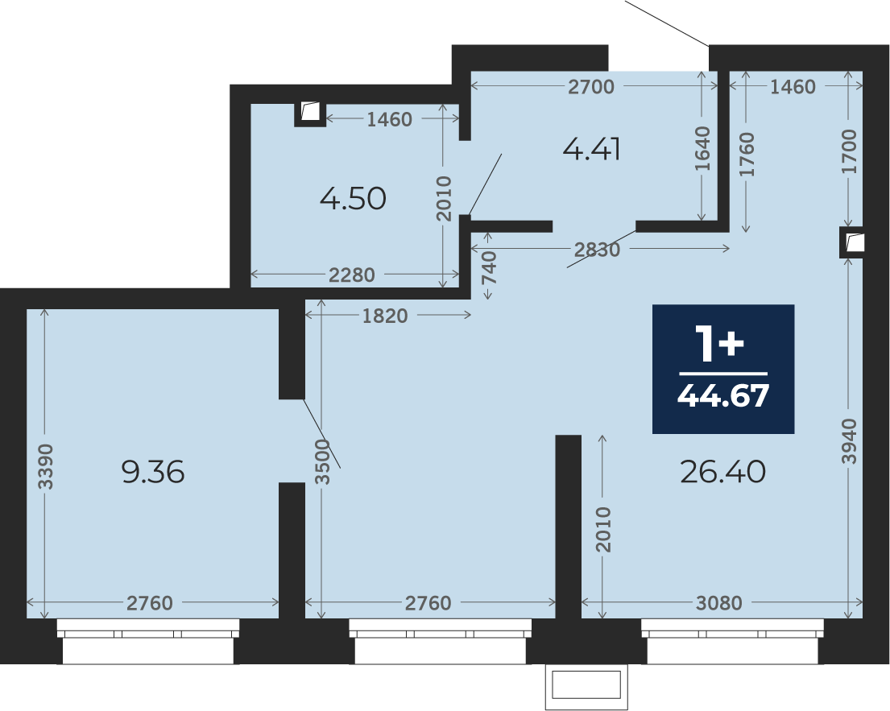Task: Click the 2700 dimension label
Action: pyautogui.click(x=591, y=87)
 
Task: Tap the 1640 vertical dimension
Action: pyautogui.click(x=702, y=149)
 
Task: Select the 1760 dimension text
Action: pyautogui.click(x=747, y=155)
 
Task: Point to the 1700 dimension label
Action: pyautogui.click(x=849, y=151)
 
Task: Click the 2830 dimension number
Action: pyautogui.click(x=597, y=250)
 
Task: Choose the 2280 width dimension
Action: pyautogui.click(x=352, y=275)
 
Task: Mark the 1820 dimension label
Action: pyautogui.click(x=385, y=316)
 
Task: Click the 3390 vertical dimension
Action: pyautogui.click(x=45, y=466)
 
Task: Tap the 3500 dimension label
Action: pyautogui.click(x=322, y=462)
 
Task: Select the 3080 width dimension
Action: pyautogui.click(x=718, y=602)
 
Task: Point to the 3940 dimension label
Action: pyautogui.click(x=849, y=441)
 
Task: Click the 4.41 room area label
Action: pyautogui.click(x=591, y=150)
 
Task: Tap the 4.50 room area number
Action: pyautogui.click(x=353, y=199)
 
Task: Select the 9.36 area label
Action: pyautogui.click(x=153, y=472)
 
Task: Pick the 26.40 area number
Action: pyautogui.click(x=722, y=472)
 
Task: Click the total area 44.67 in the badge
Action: pyautogui.click(x=723, y=395)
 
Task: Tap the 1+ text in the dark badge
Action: pyautogui.click(x=722, y=343)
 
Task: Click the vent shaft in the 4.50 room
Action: pyautogui.click(x=310, y=113)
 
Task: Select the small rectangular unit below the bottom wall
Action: pyautogui.click(x=586, y=686)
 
